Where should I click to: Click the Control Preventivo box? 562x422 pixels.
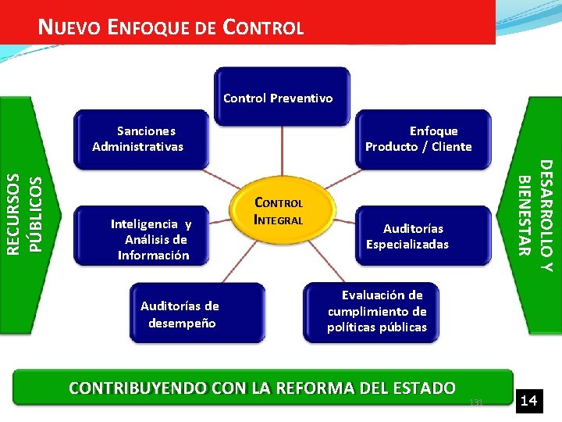278,98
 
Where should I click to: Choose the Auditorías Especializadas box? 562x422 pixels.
408,236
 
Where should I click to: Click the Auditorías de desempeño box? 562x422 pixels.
180,314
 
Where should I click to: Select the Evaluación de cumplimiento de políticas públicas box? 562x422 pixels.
377,311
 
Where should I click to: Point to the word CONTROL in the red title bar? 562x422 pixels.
263,29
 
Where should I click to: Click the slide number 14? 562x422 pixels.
529,401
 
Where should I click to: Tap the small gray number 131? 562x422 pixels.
477,402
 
